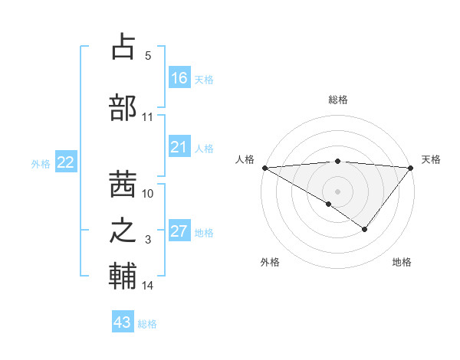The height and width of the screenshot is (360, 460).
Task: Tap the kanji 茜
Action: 123,178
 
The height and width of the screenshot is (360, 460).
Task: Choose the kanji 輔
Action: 123,277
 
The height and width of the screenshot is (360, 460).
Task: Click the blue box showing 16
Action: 179,78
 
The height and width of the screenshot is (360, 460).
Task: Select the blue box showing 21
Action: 179,147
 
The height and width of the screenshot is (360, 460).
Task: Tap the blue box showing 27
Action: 179,232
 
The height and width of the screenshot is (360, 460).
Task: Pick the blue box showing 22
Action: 66,162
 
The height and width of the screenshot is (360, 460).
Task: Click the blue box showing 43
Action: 123,322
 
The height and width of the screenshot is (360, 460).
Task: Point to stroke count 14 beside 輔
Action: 148,286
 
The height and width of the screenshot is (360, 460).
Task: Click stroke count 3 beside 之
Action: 148,240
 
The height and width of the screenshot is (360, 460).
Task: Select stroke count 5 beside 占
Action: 148,56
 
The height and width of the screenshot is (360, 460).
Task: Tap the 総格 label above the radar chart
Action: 338,100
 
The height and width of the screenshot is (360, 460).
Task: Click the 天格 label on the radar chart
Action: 432,159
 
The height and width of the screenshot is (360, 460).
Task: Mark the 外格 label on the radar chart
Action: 270,262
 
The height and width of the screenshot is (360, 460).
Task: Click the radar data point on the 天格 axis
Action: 411,167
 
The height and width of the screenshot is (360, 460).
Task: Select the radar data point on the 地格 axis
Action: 365,228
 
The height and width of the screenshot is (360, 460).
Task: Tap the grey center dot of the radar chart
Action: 337,191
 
